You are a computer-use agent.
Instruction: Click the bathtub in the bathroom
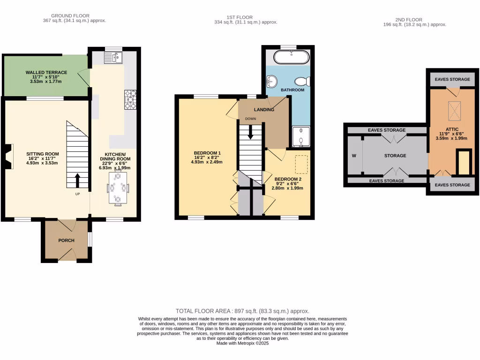point(291,58)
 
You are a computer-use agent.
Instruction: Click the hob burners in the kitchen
point(130,99)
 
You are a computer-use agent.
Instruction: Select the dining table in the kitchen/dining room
point(118,188)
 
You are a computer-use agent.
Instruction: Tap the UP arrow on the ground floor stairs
point(78,180)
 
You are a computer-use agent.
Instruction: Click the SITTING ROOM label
point(42,154)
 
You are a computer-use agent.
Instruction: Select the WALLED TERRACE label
point(46,73)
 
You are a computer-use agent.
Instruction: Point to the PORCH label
point(66,240)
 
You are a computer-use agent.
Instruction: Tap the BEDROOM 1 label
point(207,153)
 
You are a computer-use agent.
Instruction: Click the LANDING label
point(264,110)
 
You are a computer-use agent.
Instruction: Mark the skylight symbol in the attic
point(455,111)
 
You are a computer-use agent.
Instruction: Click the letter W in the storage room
point(354,156)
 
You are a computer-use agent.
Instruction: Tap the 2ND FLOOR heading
point(406,19)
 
